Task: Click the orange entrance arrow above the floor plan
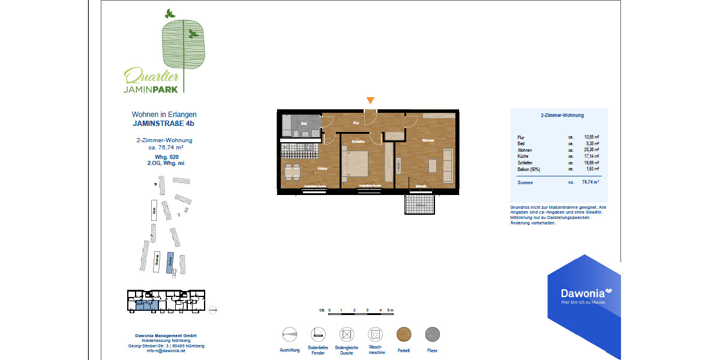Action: (371, 100)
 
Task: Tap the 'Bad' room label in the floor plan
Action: (304, 124)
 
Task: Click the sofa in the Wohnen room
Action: (447, 166)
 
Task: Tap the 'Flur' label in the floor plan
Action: (356, 123)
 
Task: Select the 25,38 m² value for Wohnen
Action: (592, 150)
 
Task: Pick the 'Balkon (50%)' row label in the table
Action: (530, 169)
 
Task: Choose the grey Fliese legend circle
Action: (433, 334)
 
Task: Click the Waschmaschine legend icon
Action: (375, 334)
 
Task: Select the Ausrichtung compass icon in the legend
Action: (289, 334)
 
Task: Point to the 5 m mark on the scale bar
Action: (391, 311)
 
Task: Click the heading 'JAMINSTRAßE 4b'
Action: (164, 124)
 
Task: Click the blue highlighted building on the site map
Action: (170, 260)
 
